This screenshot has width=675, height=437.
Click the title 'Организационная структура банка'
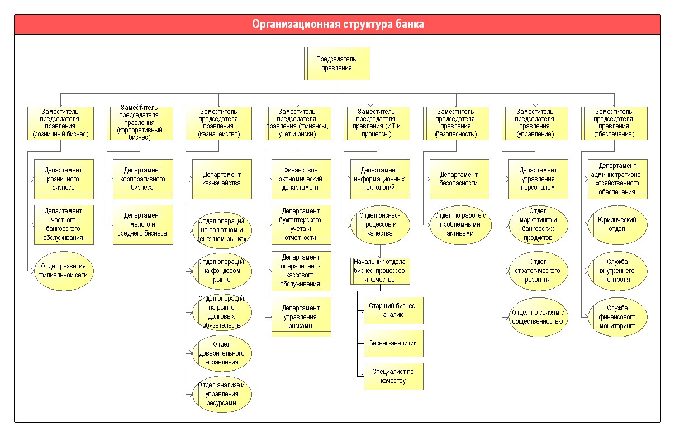pyautogui.click(x=338, y=24)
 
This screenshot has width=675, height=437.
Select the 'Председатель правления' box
pyautogui.click(x=337, y=64)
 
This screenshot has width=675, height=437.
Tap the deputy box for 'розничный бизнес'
pyautogui.click(x=60, y=123)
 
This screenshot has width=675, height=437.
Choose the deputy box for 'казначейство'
pyautogui.click(x=219, y=123)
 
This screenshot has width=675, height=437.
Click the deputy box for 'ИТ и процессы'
pyautogui.click(x=377, y=123)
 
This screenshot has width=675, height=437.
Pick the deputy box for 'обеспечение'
pyautogui.click(x=614, y=123)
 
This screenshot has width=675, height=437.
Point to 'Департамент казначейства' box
pyautogui.click(x=222, y=179)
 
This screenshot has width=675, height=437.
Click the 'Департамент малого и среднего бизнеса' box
pyautogui.click(x=143, y=225)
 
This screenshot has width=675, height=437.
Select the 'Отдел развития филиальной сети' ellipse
pyautogui.click(x=64, y=271)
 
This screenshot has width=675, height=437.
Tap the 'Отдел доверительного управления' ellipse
pyautogui.click(x=222, y=353)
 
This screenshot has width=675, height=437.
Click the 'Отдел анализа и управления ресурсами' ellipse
pyautogui.click(x=222, y=394)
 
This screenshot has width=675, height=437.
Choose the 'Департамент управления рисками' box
pyautogui.click(x=301, y=317)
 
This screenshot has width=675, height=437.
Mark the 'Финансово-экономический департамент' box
pyautogui.click(x=301, y=179)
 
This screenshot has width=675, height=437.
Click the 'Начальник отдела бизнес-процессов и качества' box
pyautogui.click(x=381, y=271)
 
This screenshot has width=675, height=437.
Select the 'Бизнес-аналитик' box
pyautogui.click(x=393, y=343)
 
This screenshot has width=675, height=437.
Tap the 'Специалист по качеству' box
pyautogui.click(x=393, y=376)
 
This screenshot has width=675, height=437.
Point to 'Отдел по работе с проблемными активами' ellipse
pyautogui.click(x=460, y=225)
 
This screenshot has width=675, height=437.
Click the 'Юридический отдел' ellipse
pyautogui.click(x=617, y=225)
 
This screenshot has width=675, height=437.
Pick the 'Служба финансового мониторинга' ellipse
pyautogui.click(x=617, y=317)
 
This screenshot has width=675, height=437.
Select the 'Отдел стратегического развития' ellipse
pyautogui.click(x=538, y=271)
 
